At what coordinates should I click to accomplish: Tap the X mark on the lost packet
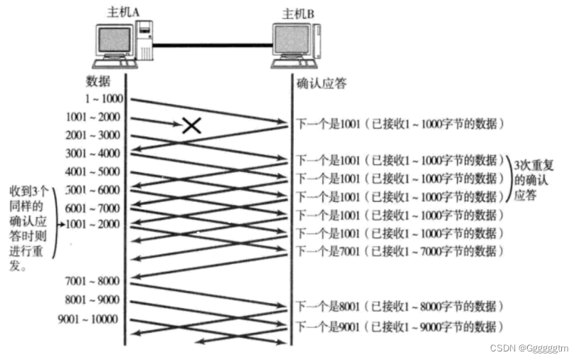click(x=191, y=127)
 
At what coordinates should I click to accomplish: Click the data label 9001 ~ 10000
click(x=88, y=319)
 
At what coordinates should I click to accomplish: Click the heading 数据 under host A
click(x=98, y=81)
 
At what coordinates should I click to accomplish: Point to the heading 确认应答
click(x=321, y=84)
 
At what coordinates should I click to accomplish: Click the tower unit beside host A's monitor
click(x=145, y=41)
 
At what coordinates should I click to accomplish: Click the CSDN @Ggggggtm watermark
click(x=529, y=348)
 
